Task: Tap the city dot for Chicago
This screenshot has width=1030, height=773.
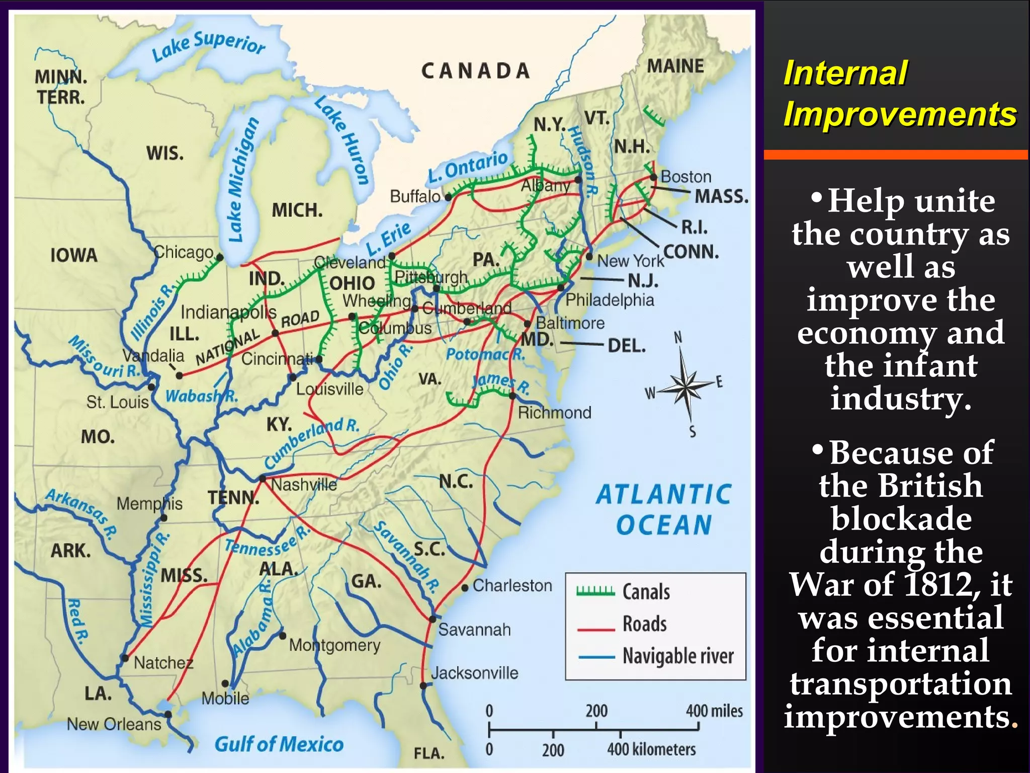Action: (x=220, y=258)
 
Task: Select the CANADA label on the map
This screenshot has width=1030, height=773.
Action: (x=475, y=71)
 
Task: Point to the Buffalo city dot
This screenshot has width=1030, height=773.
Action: (x=448, y=197)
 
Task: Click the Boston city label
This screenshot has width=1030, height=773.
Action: (x=685, y=177)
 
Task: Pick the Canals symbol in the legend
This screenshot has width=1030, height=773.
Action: (x=595, y=591)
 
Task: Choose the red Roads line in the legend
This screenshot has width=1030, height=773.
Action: (x=596, y=629)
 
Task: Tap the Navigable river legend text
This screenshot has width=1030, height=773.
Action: (x=678, y=656)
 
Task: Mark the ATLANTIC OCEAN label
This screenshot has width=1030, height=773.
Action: (x=664, y=509)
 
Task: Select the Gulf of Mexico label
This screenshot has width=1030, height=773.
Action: (x=279, y=744)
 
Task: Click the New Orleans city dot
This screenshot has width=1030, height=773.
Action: (x=168, y=714)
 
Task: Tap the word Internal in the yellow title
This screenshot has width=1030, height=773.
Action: (x=845, y=73)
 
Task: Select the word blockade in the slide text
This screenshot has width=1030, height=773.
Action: (x=901, y=518)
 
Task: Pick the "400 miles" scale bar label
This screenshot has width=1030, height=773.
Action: (x=714, y=711)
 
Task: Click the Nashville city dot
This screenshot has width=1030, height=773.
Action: (x=262, y=479)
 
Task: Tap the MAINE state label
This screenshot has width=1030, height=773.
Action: (x=675, y=66)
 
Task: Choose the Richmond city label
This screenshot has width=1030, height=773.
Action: (x=554, y=413)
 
